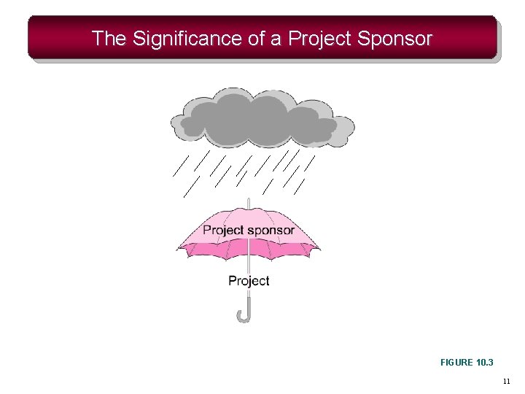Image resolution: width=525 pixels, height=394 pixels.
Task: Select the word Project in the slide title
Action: point(320,39)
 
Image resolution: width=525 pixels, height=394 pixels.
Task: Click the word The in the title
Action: point(109,39)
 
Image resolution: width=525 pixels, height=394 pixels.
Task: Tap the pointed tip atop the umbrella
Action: point(249,202)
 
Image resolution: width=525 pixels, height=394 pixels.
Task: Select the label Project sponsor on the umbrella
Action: point(249,231)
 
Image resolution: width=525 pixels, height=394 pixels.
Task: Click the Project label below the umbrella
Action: point(249,281)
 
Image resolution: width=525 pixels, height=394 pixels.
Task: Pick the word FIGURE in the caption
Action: point(457,362)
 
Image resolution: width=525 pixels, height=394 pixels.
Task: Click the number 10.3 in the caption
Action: point(484,362)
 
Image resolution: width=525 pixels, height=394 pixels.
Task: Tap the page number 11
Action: point(507,381)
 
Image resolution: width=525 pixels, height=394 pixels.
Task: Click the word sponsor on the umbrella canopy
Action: point(271,231)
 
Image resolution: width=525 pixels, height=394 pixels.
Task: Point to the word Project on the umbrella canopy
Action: point(223,231)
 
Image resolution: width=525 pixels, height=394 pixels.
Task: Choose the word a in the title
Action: point(276,39)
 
